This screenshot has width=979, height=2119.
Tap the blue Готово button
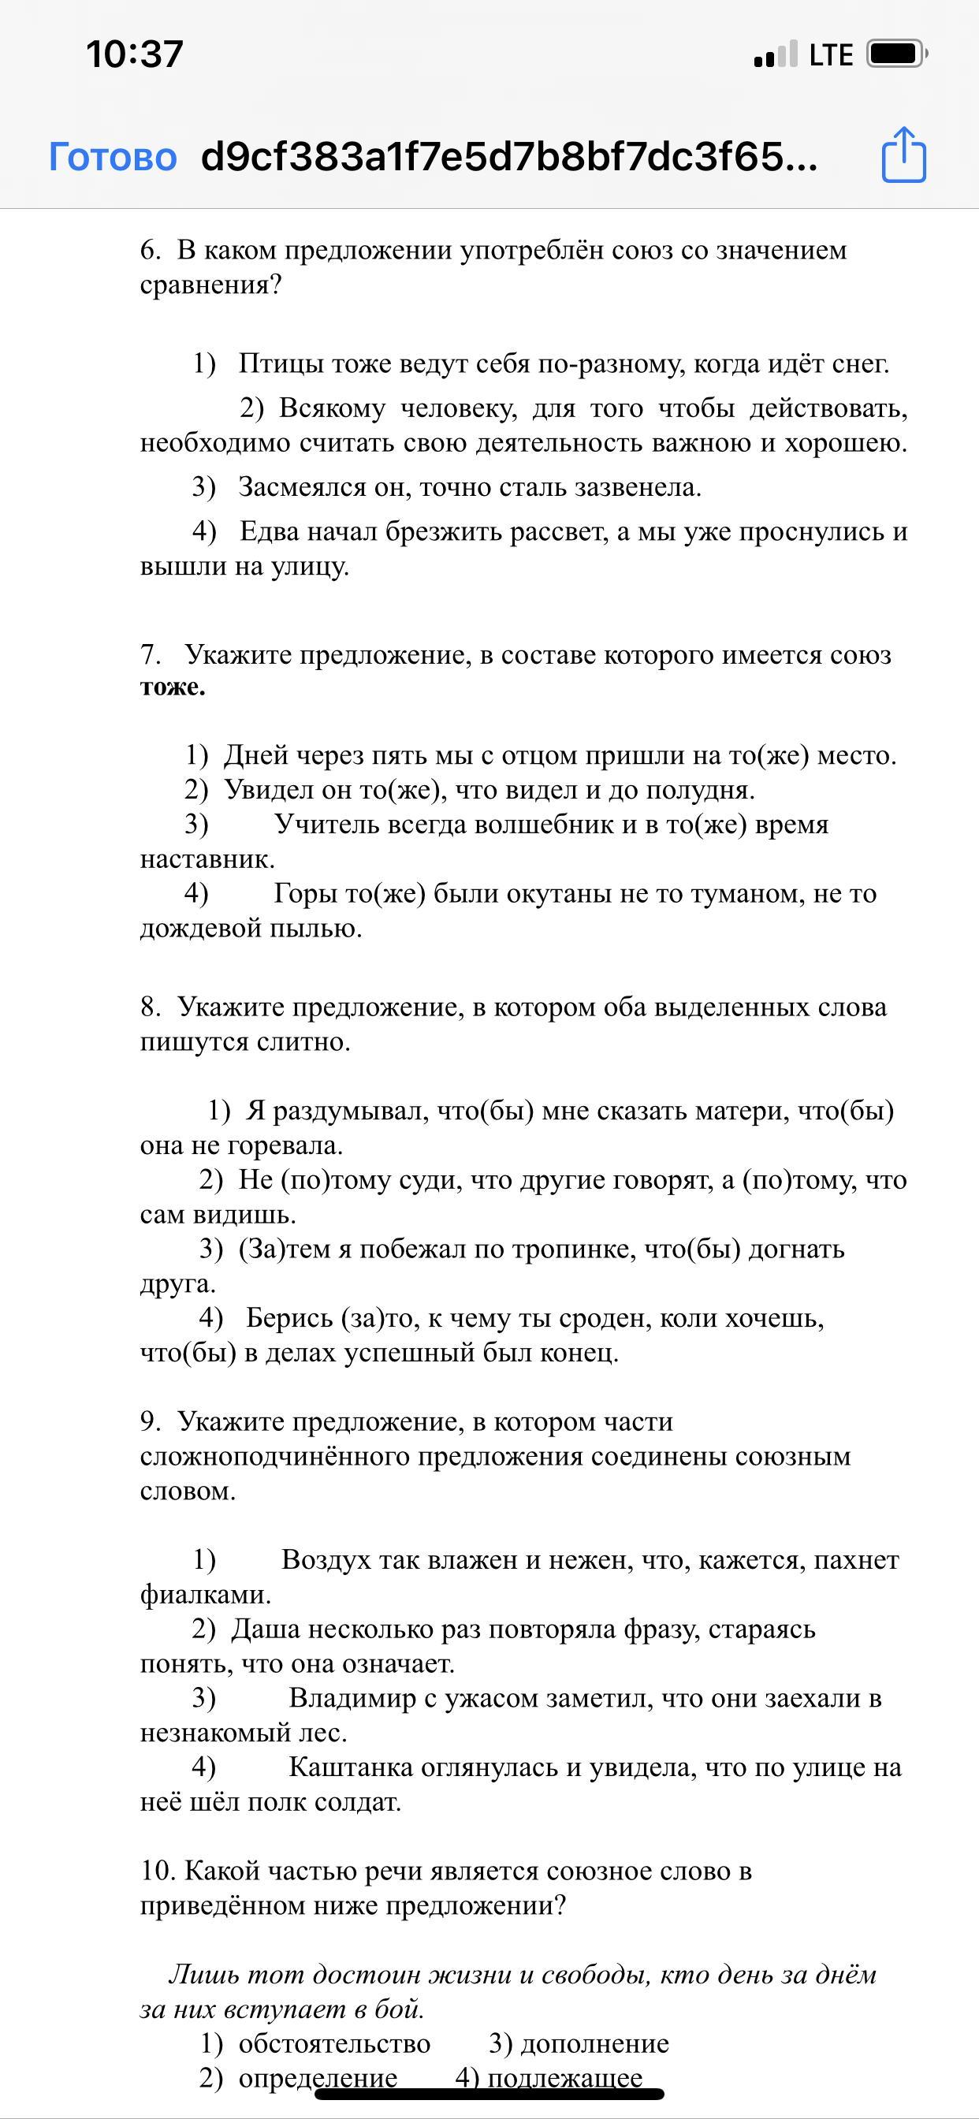point(113,156)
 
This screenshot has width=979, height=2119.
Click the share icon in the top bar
point(903,155)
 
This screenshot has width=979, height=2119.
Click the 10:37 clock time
point(134,54)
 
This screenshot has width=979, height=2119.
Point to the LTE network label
point(831,55)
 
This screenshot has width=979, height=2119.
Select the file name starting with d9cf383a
point(509,156)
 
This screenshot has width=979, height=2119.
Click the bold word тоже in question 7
point(173,687)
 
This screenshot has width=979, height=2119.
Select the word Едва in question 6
point(269,531)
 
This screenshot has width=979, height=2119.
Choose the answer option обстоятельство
point(334,2043)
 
